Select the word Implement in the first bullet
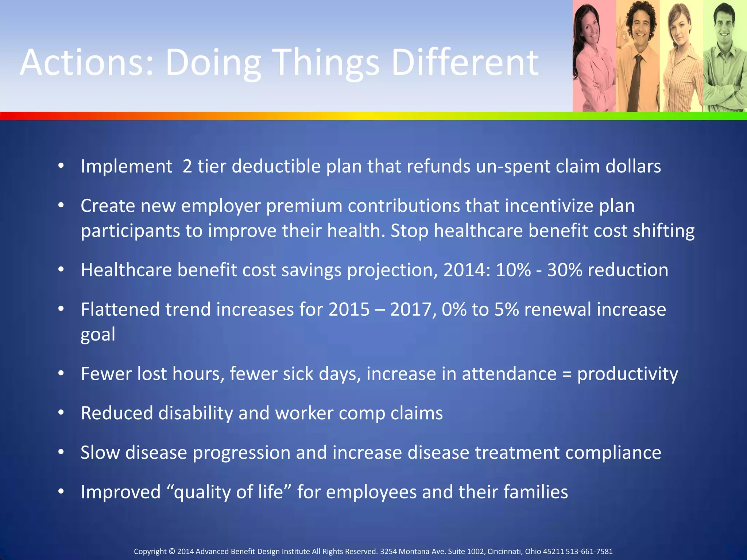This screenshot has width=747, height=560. pyautogui.click(x=126, y=167)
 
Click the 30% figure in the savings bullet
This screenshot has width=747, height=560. pyautogui.click(x=564, y=270)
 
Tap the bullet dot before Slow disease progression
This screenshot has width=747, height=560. pyautogui.click(x=61, y=452)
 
